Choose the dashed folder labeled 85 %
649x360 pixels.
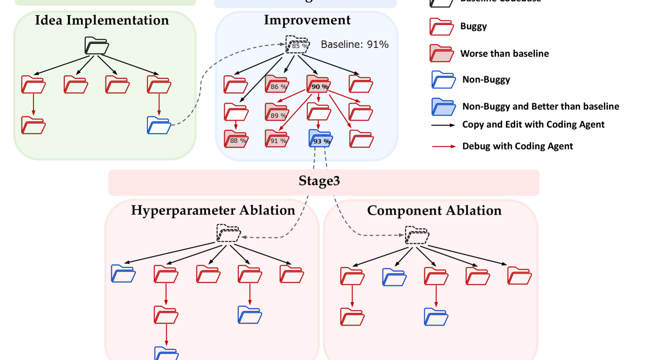pyautogui.click(x=297, y=44)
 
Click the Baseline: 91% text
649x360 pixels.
pyautogui.click(x=355, y=44)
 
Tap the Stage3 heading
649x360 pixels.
pyautogui.click(x=323, y=181)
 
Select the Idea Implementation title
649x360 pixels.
pyautogui.click(x=102, y=21)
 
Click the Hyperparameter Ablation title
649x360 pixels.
pyautogui.click(x=213, y=211)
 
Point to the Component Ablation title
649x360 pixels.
pyautogui.click(x=434, y=211)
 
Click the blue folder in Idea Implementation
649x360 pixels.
pyautogui.click(x=159, y=125)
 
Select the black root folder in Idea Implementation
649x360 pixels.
pyautogui.click(x=97, y=46)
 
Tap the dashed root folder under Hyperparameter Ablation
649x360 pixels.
pyautogui.click(x=228, y=234)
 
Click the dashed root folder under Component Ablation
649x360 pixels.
pyautogui.click(x=418, y=236)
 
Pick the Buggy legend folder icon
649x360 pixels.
pyautogui.click(x=441, y=27)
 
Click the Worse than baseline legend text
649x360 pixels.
pyautogui.click(x=504, y=53)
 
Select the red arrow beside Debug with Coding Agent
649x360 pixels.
pyautogui.click(x=442, y=146)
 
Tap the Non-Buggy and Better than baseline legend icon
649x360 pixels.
pyautogui.click(x=441, y=107)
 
